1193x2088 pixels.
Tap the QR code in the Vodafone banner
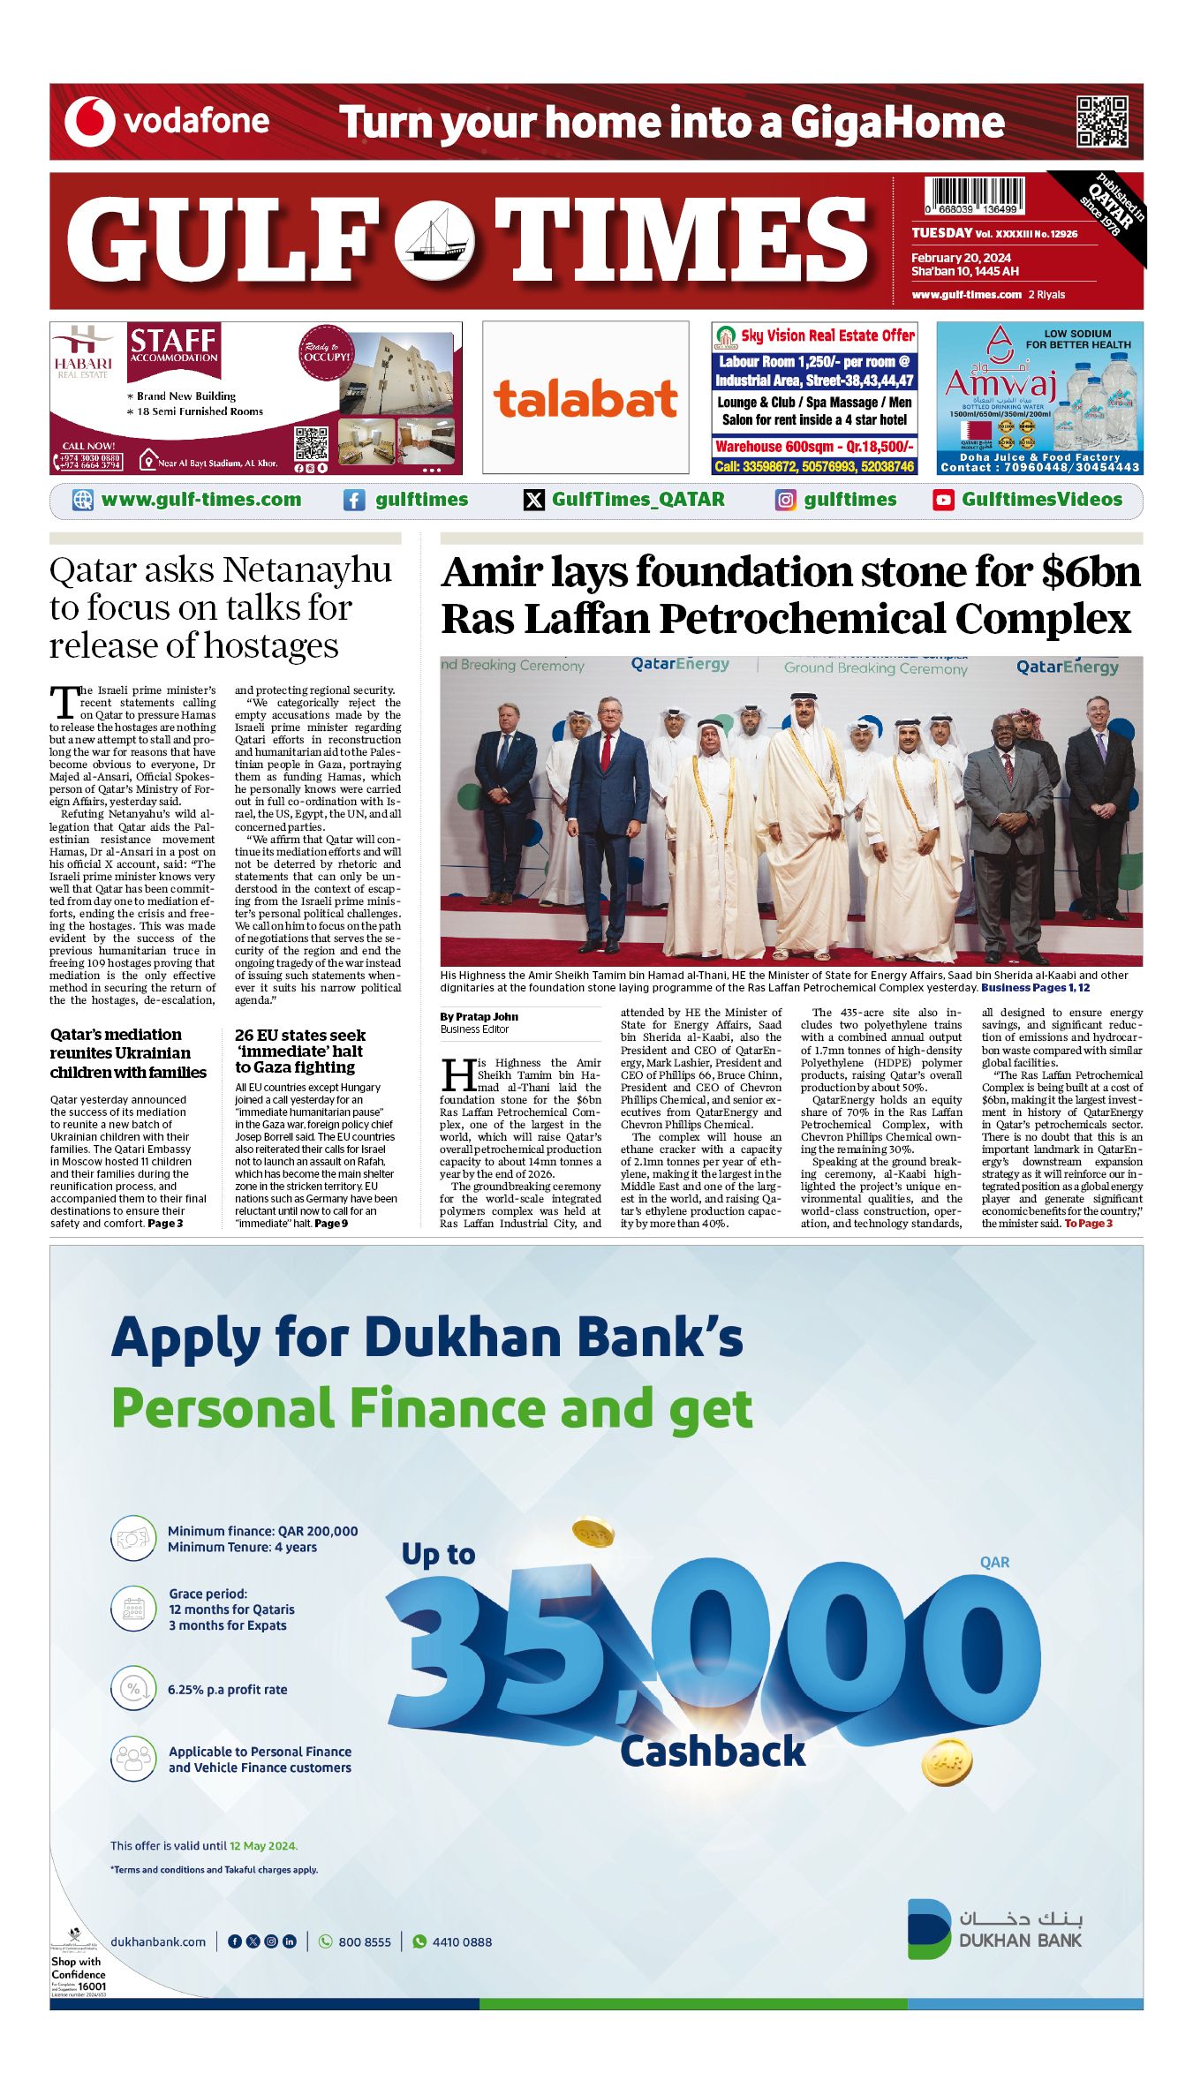[x=1101, y=122]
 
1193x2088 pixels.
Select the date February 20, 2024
[x=961, y=258]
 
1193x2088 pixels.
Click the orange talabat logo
[x=585, y=399]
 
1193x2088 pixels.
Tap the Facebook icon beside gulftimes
[x=353, y=501]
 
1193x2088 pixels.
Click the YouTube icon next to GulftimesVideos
[x=943, y=501]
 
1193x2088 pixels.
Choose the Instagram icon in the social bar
[x=785, y=501]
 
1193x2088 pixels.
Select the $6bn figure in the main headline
[x=1091, y=572]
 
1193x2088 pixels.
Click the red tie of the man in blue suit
[x=606, y=751]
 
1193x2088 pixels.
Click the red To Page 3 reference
[x=1088, y=1224]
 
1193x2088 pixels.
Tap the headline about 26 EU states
[x=299, y=1051]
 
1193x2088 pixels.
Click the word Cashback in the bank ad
[x=713, y=1752]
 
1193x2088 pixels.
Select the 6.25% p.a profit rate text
[x=227, y=1690]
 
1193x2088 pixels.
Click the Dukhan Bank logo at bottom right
[x=994, y=1929]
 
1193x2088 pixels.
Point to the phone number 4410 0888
[x=462, y=1941]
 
